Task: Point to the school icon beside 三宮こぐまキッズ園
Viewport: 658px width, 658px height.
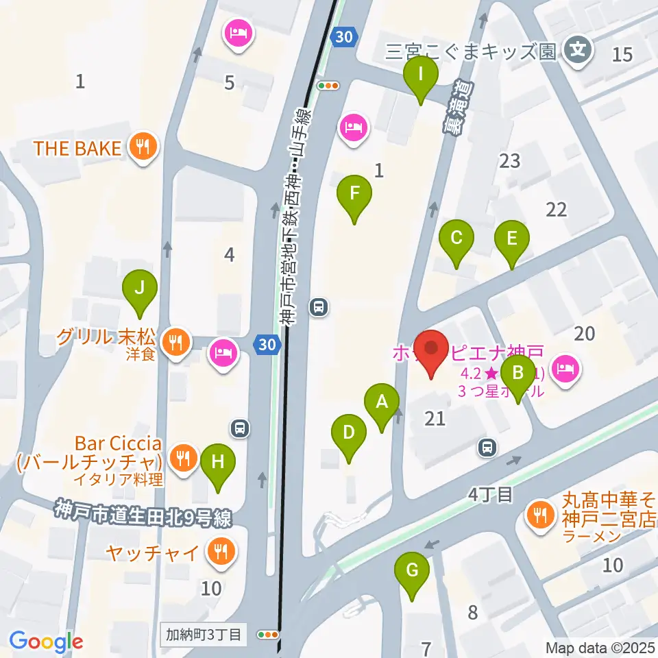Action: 577,50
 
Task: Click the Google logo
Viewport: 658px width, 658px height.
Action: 46,641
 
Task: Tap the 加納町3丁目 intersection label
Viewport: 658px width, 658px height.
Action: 204,634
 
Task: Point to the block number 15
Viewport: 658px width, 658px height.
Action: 622,55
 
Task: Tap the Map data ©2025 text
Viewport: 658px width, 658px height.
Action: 600,646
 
